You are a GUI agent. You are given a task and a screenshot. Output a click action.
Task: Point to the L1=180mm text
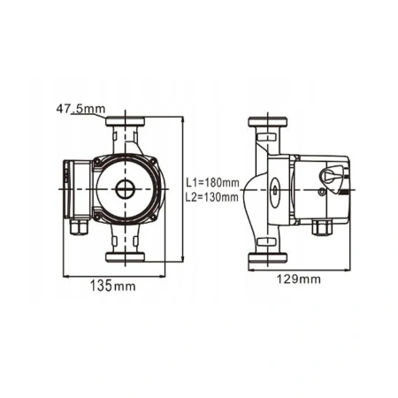coord(214,183)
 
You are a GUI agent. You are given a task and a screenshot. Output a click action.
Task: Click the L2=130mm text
coord(214,197)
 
